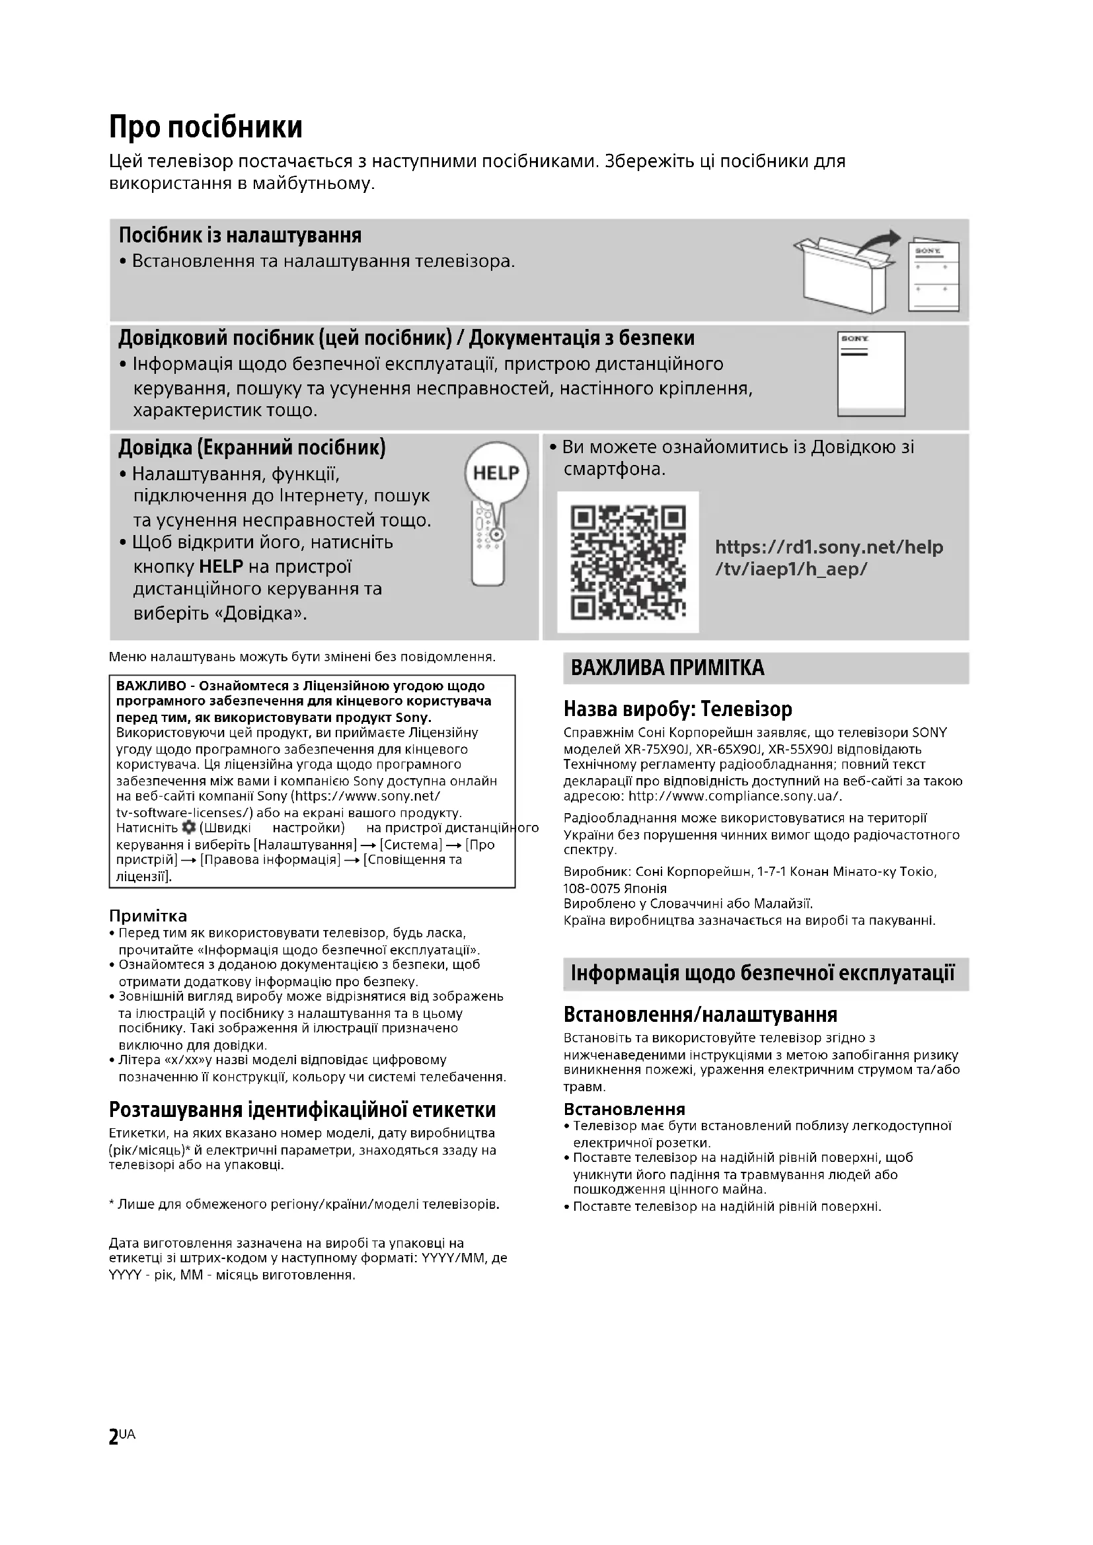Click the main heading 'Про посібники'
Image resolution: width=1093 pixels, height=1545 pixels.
[206, 127]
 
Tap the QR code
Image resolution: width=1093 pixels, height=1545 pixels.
[627, 563]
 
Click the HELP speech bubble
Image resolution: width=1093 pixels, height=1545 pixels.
[496, 473]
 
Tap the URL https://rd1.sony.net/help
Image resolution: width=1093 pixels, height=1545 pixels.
[829, 547]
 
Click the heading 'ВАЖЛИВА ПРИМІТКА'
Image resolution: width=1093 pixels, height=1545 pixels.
[667, 668]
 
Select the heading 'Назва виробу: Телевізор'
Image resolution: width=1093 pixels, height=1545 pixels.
[678, 709]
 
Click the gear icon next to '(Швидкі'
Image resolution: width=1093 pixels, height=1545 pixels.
[189, 827]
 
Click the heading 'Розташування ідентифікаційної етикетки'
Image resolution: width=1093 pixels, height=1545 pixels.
[302, 1110]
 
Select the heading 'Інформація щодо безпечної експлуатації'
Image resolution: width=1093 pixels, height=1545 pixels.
[763, 974]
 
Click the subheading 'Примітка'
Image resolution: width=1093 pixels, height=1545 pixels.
[148, 916]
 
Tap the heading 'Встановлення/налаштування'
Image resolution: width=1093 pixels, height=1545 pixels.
[700, 1015]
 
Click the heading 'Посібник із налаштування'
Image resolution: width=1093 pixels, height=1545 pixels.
[241, 236]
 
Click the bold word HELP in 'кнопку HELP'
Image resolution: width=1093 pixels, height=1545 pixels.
[221, 567]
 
